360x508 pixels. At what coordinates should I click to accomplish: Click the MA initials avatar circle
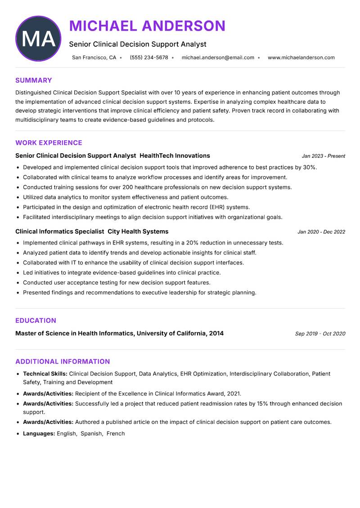pyautogui.click(x=38, y=39)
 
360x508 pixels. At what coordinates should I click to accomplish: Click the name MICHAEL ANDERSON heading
pyautogui.click(x=147, y=26)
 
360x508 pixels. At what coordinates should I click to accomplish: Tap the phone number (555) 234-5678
pyautogui.click(x=149, y=58)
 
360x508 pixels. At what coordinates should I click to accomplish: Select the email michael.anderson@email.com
pyautogui.click(x=218, y=58)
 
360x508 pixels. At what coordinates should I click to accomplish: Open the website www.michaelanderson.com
pyautogui.click(x=301, y=58)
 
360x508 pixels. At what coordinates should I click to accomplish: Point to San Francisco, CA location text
pyautogui.click(x=94, y=58)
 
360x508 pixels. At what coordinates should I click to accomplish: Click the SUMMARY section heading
pyautogui.click(x=34, y=80)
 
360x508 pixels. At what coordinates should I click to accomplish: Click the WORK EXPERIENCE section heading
pyautogui.click(x=49, y=143)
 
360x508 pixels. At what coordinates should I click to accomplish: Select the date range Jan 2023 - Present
pyautogui.click(x=323, y=156)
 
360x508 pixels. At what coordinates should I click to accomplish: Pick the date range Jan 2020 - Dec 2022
pyautogui.click(x=321, y=232)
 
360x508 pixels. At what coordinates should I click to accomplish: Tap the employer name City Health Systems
pyautogui.click(x=138, y=232)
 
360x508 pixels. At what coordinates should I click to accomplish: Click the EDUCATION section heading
pyautogui.click(x=36, y=321)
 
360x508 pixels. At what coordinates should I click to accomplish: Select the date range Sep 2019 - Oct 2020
pyautogui.click(x=320, y=334)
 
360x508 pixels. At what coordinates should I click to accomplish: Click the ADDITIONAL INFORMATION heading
pyautogui.click(x=63, y=361)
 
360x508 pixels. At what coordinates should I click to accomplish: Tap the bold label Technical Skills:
pyautogui.click(x=45, y=374)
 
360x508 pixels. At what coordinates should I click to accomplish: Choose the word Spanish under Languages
pyautogui.click(x=91, y=434)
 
